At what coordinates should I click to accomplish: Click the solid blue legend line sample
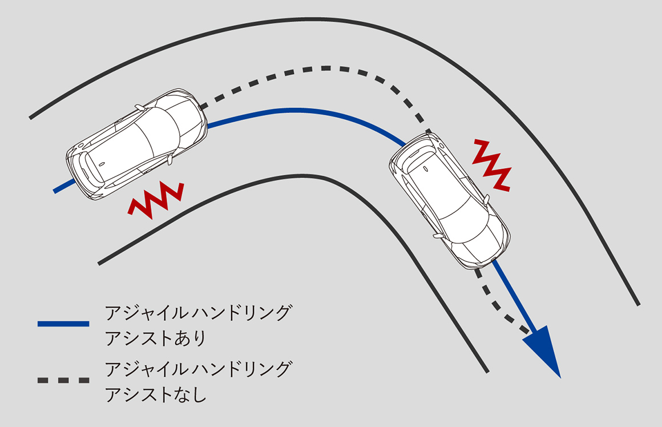63,324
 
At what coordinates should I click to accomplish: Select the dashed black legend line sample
63,380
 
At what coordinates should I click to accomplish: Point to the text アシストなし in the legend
155,394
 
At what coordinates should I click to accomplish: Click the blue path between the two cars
297,110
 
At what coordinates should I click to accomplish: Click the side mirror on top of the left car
139,107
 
